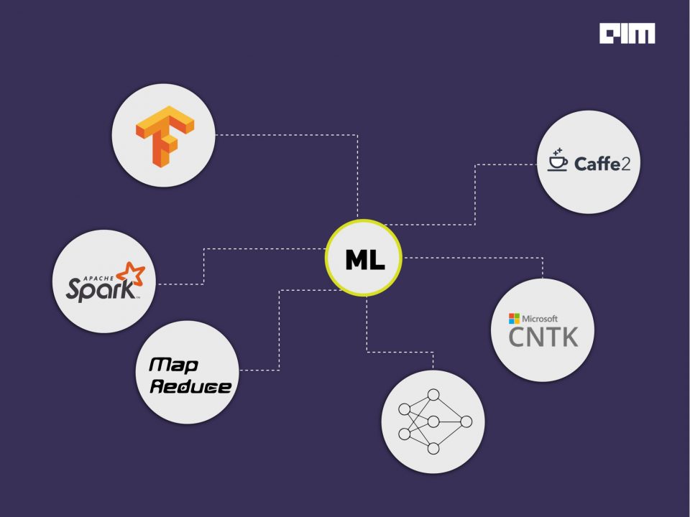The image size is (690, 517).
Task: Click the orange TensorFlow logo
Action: [165, 136]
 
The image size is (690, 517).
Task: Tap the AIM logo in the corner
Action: [627, 34]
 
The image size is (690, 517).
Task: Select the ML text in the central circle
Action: [364, 258]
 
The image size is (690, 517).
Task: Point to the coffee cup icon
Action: [557, 160]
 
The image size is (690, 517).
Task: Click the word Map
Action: [167, 365]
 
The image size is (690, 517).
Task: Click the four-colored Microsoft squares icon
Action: [514, 318]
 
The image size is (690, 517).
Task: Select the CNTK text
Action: [543, 336]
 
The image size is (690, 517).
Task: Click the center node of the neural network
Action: [433, 421]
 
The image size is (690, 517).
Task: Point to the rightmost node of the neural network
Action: [466, 421]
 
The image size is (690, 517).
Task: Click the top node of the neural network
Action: [433, 394]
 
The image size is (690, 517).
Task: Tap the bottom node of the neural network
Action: [433, 449]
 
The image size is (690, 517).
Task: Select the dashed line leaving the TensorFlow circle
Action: [287, 134]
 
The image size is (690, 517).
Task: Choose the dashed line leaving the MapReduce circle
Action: [259, 370]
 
